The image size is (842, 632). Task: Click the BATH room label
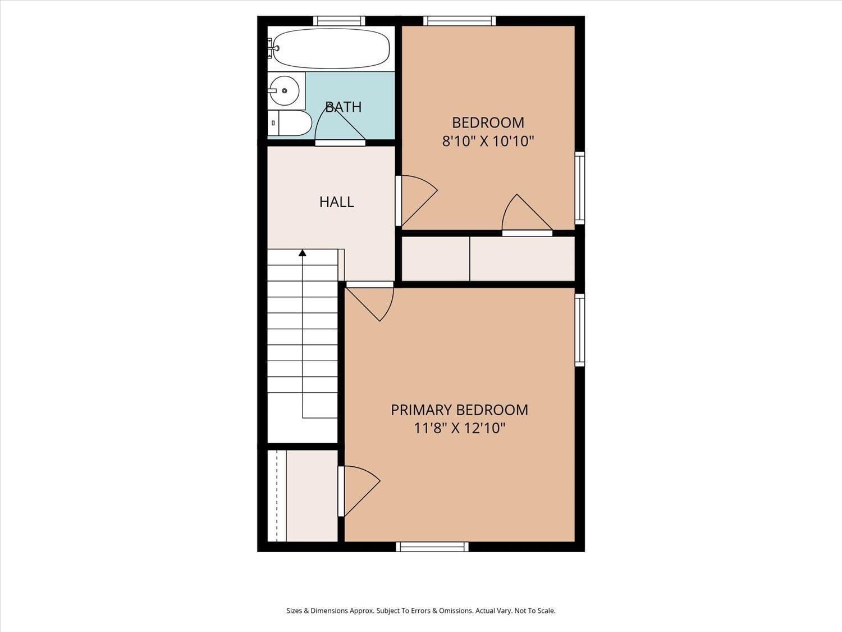click(x=343, y=107)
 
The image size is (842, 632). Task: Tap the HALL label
click(x=336, y=202)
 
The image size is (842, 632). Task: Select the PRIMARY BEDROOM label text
click(x=459, y=410)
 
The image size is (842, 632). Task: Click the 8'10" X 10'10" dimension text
click(x=488, y=141)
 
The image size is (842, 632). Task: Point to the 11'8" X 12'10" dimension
click(x=459, y=429)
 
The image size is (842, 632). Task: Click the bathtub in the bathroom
click(x=331, y=48)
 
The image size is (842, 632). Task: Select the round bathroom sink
click(x=285, y=90)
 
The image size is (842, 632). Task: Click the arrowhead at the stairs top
click(x=303, y=253)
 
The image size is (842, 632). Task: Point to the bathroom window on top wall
click(x=339, y=21)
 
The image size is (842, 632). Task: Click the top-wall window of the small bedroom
click(x=460, y=21)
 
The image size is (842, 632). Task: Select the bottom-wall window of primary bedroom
click(x=432, y=547)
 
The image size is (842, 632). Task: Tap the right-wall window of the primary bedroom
click(x=580, y=330)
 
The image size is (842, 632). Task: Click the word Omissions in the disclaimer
click(x=454, y=611)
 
